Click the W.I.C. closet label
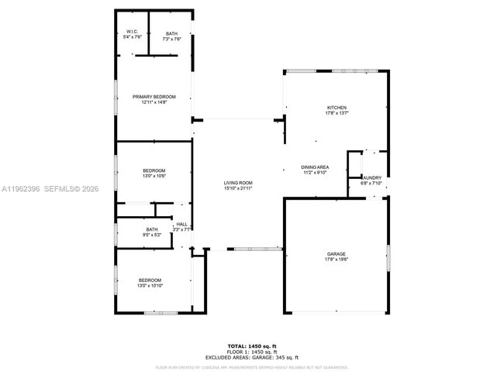tap(131, 32)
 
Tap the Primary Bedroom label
tap(154, 97)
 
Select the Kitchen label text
tap(337, 108)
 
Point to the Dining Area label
tap(315, 167)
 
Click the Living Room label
tap(238, 183)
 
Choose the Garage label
tap(336, 254)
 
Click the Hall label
tap(181, 224)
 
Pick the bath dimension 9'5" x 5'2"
tap(153, 235)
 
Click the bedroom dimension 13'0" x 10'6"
tap(154, 176)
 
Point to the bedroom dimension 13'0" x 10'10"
tap(150, 286)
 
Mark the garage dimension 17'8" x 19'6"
tap(336, 259)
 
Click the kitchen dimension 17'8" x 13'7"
tap(337, 113)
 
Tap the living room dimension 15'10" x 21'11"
tap(238, 188)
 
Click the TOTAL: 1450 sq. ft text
tap(251, 345)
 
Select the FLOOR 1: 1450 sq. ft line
tap(251, 352)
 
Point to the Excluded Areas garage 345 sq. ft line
tap(251, 357)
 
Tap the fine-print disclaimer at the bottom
tap(251, 367)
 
